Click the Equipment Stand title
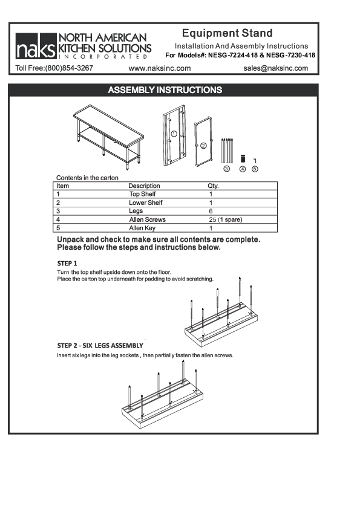pos(227,33)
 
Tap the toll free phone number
pos(54,68)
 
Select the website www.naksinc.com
pos(160,68)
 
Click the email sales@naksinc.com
pos(275,68)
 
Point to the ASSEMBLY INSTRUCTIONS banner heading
pos(165,90)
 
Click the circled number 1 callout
pos(173,134)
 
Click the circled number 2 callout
pos(203,145)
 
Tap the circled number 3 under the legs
pos(226,169)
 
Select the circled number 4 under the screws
pos(243,169)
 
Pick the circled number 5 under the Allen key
pos(255,169)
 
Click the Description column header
pos(144,186)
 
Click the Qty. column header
pos(213,186)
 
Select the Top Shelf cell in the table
pos(143,194)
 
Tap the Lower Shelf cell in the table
pos(146,203)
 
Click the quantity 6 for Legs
pos(211,212)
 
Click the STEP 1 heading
pos(67,264)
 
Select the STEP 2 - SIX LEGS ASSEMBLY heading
pos(100,345)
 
